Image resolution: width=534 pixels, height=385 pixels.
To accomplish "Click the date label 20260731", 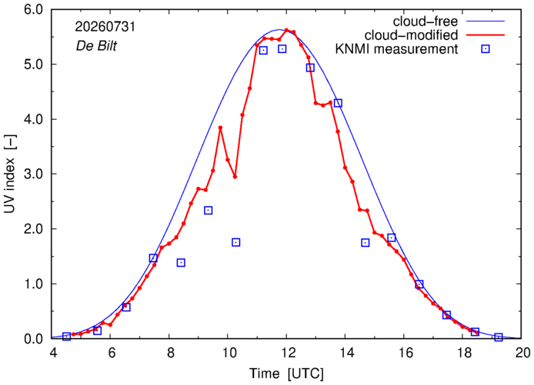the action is click(x=105, y=27).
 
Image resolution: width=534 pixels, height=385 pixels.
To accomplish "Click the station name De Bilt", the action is click(x=96, y=46).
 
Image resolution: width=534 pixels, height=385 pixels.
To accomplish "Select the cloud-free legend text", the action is click(x=425, y=22).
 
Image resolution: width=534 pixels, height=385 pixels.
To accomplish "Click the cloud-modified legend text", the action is click(x=411, y=35).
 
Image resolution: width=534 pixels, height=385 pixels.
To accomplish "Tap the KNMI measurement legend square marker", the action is click(x=486, y=49).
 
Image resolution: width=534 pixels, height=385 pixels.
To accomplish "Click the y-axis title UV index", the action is click(x=10, y=174).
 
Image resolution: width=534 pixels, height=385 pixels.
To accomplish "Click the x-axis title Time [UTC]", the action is click(x=286, y=373).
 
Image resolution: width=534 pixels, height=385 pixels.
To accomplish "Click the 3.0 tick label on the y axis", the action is click(x=33, y=174).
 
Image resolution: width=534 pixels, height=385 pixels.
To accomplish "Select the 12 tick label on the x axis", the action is click(x=286, y=353).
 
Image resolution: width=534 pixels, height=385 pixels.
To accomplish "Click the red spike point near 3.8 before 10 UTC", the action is click(x=220, y=128).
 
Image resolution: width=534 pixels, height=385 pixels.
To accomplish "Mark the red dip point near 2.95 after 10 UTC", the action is click(x=235, y=177).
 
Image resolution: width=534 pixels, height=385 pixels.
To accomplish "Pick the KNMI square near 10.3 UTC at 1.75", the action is click(x=235, y=242).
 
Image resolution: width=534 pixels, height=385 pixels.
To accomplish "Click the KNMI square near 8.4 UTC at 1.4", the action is click(x=181, y=263).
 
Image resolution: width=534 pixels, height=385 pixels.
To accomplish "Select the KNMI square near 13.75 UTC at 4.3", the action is click(x=338, y=103).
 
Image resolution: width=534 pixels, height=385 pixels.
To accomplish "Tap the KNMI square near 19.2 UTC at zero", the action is click(x=499, y=337).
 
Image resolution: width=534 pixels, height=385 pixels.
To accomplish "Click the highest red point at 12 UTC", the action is click(x=286, y=30).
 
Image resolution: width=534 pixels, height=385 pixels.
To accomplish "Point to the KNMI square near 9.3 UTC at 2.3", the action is click(x=208, y=211).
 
